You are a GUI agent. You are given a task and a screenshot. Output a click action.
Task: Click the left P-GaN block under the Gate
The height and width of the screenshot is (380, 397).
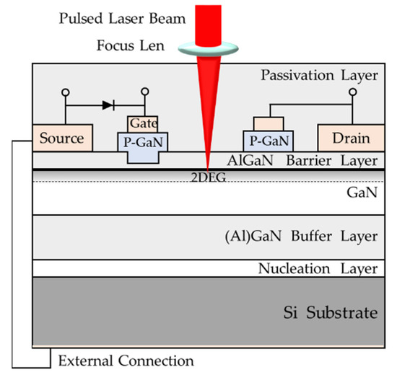[x=143, y=141]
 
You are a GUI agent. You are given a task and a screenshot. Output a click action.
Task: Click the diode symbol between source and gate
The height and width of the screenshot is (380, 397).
[x=108, y=105]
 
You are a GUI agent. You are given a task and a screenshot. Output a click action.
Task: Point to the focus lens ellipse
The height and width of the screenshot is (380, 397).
[x=206, y=47]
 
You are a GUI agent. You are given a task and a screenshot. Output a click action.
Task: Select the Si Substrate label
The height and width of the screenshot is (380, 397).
[x=330, y=313]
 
